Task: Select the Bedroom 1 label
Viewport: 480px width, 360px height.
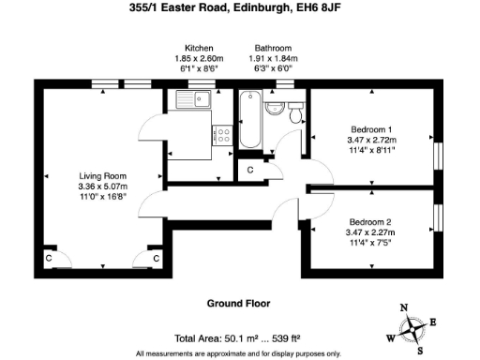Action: pos(370,127)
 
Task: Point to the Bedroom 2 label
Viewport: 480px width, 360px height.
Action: pos(370,221)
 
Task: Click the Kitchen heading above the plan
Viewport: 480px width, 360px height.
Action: pos(198,48)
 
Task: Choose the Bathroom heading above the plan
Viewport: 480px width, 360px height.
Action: pos(272,48)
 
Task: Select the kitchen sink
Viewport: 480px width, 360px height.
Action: pos(199,99)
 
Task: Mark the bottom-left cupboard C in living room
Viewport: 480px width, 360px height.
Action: pos(49,257)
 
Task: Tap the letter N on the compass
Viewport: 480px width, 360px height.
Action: pos(404,307)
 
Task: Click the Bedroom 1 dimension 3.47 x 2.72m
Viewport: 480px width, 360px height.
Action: pos(370,138)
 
